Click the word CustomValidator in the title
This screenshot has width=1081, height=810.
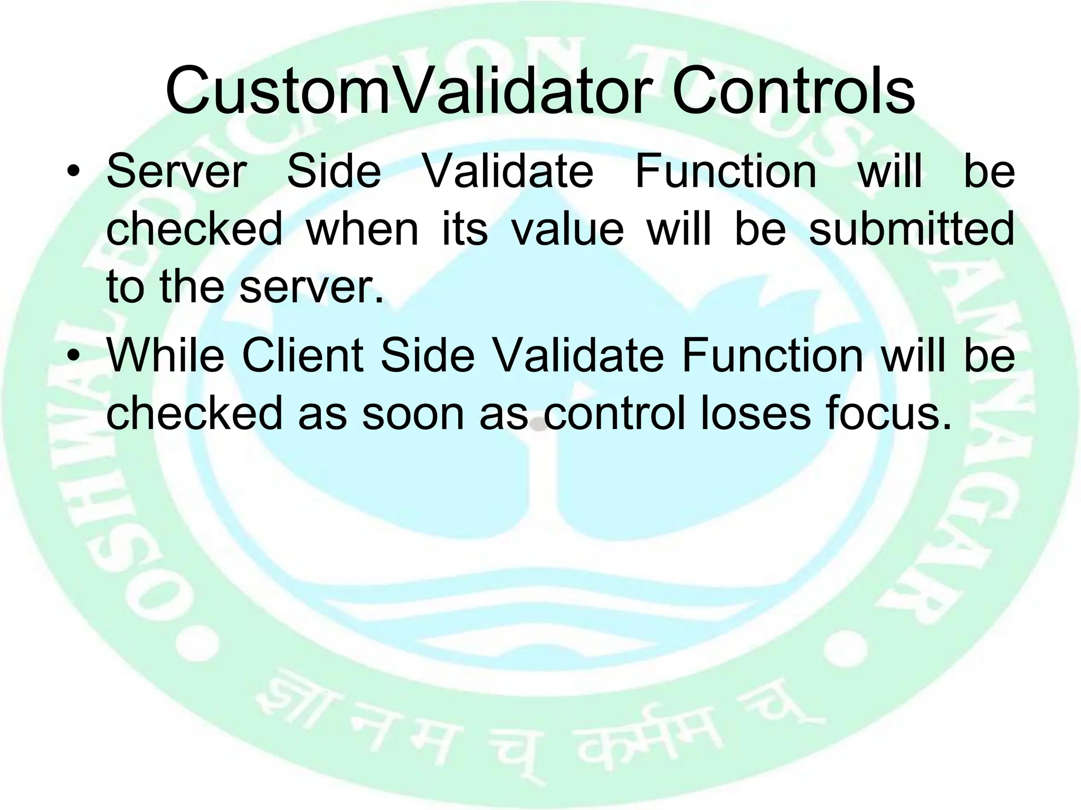(406, 91)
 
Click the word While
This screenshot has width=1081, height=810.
(165, 355)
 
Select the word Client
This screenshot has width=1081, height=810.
(302, 355)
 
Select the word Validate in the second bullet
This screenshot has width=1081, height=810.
(579, 355)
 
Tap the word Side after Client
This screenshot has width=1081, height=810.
(428, 355)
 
